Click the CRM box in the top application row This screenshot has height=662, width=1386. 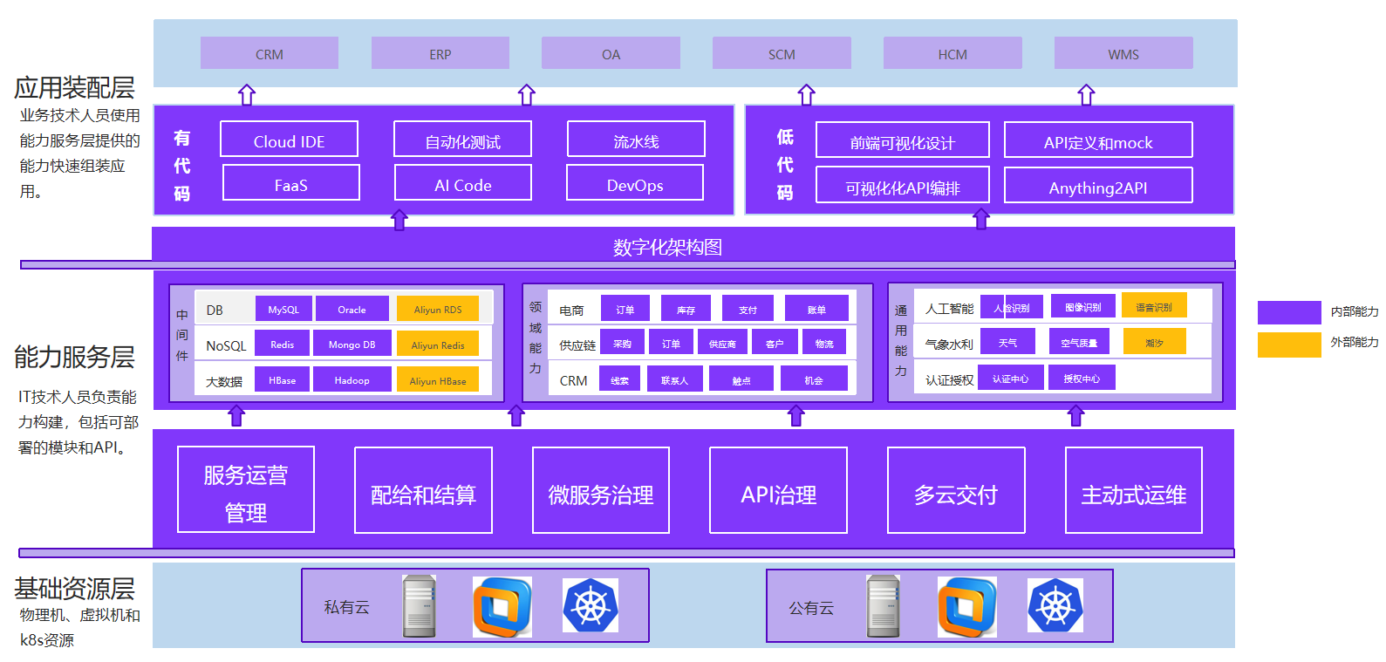click(269, 53)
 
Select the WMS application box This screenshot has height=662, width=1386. click(1123, 53)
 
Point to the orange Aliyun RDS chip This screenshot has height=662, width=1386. click(438, 309)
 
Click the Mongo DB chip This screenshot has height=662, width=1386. click(352, 344)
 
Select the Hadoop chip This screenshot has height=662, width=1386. click(352, 379)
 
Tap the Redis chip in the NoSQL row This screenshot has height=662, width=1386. click(282, 344)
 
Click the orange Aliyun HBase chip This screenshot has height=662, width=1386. click(438, 379)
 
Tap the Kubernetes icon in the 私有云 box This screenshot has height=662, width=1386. click(591, 605)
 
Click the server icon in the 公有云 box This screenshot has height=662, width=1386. click(883, 605)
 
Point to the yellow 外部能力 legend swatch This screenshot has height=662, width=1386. click(1289, 344)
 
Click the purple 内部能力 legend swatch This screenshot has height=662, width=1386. click(1289, 312)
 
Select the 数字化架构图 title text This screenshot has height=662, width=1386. click(667, 247)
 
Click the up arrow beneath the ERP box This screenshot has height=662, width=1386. click(527, 94)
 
